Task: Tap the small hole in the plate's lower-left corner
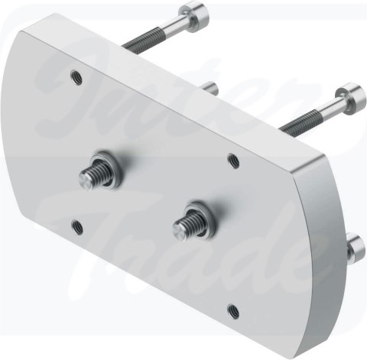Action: tap(76, 225)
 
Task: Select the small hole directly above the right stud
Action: tap(233, 161)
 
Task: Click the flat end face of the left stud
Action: tap(86, 181)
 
